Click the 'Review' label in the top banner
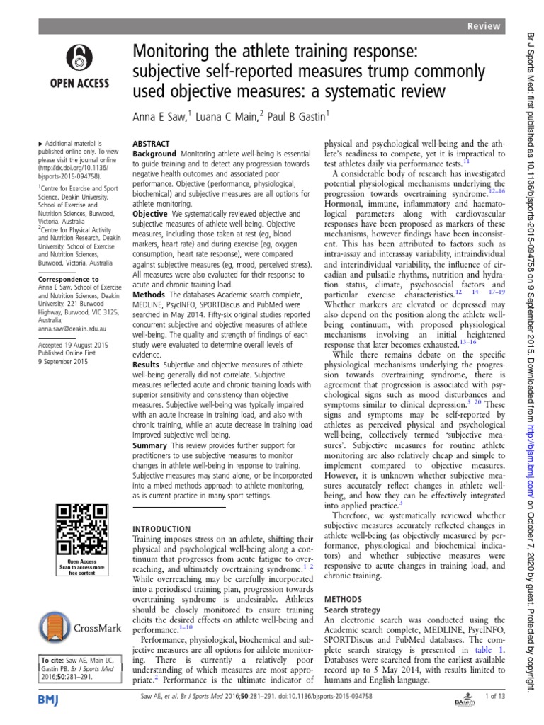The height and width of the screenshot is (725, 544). coord(484,26)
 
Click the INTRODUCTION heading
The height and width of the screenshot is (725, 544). coord(162,529)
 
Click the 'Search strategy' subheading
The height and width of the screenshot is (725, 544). coord(352,609)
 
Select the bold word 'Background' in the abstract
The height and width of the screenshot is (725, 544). coord(154,154)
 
